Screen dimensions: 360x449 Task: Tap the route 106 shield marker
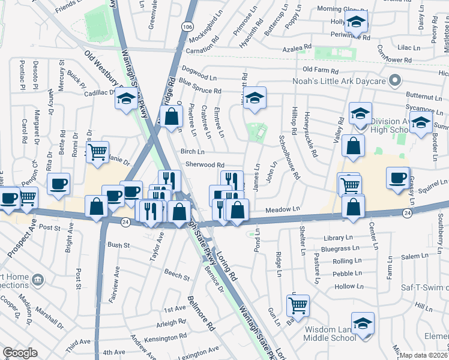[x=188, y=27]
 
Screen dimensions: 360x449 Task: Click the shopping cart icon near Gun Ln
[x=298, y=305]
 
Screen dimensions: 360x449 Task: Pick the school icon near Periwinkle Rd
[x=356, y=22]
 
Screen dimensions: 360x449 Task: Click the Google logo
[x=20, y=353]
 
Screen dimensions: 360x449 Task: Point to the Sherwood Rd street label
[x=205, y=164]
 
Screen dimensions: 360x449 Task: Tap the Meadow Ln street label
[x=282, y=208]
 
